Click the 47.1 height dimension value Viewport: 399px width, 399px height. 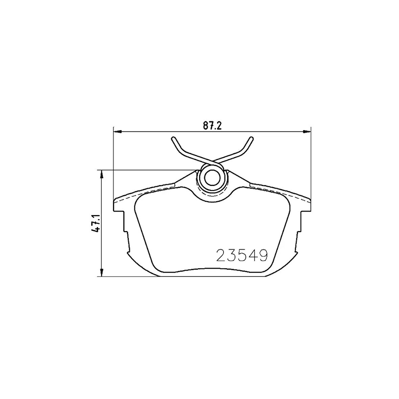click(x=97, y=223)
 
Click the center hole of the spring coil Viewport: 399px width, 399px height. click(x=212, y=178)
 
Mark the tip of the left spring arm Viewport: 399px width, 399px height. click(x=173, y=139)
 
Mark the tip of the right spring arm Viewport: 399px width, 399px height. click(x=251, y=139)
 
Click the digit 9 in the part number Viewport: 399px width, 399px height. click(x=263, y=256)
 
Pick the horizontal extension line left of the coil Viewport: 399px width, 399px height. click(x=149, y=170)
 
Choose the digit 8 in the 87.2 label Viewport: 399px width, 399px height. click(x=205, y=126)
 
